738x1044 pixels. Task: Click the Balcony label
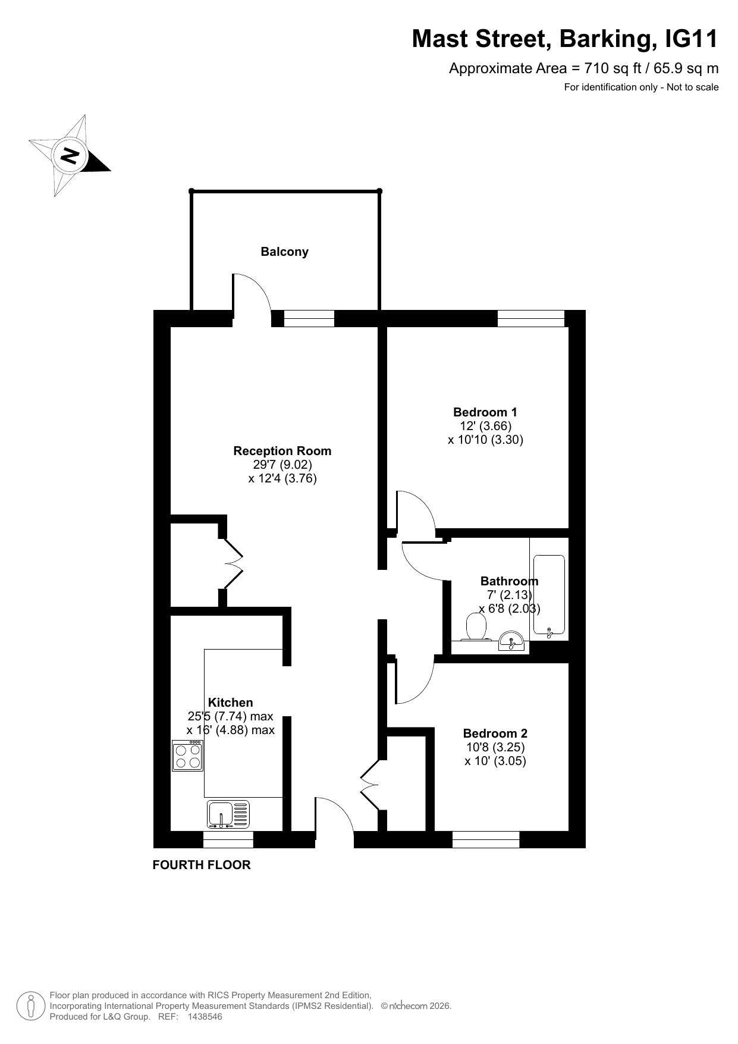284,252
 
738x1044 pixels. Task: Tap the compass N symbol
70,156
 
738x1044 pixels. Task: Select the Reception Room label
282,451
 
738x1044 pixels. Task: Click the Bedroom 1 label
485,412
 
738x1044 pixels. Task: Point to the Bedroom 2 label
495,733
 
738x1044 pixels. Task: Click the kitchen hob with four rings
187,755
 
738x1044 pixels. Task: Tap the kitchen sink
229,814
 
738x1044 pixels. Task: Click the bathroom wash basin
511,642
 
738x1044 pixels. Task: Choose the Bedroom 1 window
530,318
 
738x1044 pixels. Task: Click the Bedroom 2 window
486,839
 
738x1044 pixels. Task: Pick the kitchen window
228,839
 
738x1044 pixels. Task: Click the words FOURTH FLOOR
202,865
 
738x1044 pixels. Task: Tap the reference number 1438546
205,1017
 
